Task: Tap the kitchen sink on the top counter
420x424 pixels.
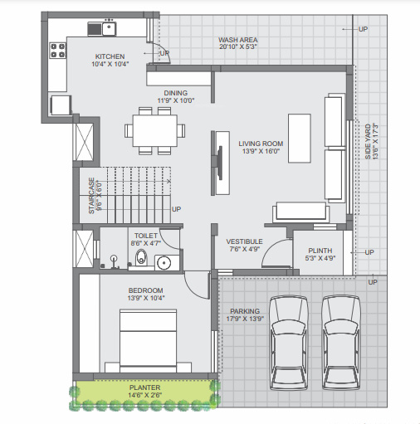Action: tap(106, 29)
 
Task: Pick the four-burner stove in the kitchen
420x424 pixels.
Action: tap(58, 51)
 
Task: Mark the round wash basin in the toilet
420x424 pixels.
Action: tap(163, 264)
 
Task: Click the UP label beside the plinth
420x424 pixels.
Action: tap(369, 252)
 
